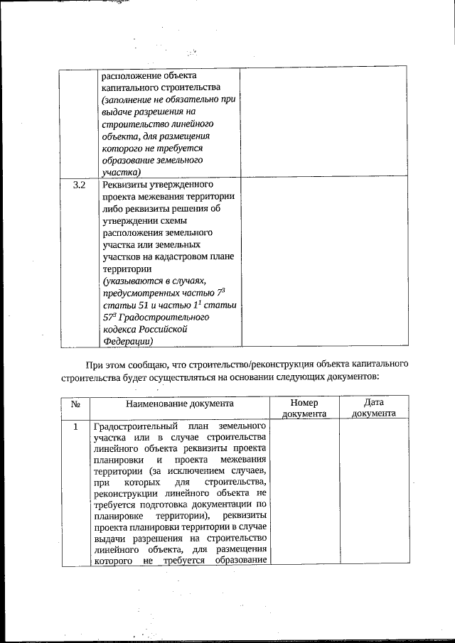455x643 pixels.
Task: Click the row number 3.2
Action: [x=80, y=186]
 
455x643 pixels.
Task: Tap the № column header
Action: [x=75, y=404]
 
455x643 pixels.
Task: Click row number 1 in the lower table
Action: [x=75, y=427]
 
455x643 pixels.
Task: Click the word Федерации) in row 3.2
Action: [x=128, y=341]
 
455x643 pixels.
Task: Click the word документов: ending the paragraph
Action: [x=355, y=377]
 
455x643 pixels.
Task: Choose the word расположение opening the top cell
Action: [x=133, y=75]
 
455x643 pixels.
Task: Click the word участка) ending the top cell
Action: [x=122, y=172]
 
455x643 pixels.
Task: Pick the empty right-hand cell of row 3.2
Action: [x=326, y=263]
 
